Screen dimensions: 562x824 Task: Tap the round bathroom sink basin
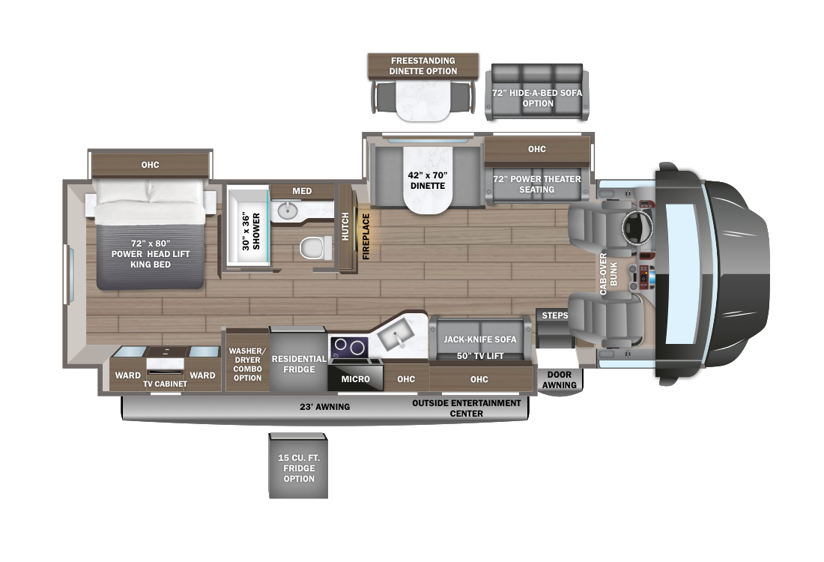point(287,211)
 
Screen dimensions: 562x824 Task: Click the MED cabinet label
point(302,191)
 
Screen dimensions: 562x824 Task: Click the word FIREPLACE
point(366,236)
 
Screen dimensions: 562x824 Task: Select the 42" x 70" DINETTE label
point(428,181)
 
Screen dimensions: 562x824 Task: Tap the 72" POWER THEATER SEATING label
point(536,184)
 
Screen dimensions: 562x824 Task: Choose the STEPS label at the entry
point(555,315)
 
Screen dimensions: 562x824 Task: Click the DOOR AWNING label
point(560,380)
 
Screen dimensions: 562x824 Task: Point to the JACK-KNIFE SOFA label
point(480,339)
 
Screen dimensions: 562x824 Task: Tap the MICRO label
point(356,379)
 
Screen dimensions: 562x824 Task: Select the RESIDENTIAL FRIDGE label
point(299,364)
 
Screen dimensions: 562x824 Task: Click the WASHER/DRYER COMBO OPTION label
point(247,363)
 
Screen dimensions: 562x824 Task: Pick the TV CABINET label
point(166,384)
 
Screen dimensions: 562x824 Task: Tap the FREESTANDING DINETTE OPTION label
point(422,66)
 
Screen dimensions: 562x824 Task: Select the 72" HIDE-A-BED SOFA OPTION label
point(538,97)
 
